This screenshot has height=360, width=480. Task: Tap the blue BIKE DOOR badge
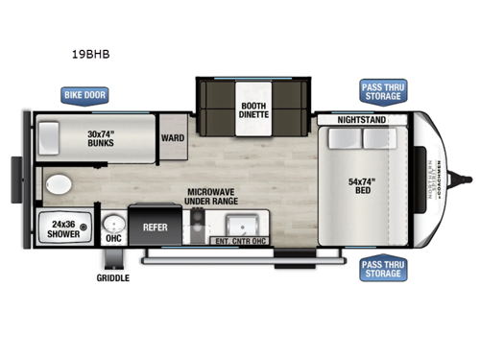tap(84, 95)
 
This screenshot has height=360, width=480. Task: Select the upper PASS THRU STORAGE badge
tap(381, 91)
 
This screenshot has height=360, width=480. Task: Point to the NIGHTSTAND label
tap(360, 120)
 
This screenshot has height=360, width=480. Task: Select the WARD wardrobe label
tap(173, 138)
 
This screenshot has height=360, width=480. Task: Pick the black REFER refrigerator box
tap(156, 228)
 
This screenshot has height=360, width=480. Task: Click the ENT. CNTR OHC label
tap(240, 241)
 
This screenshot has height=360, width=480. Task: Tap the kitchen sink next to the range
tap(242, 222)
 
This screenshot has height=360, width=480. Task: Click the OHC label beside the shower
tap(113, 238)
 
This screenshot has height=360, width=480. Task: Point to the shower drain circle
tap(84, 228)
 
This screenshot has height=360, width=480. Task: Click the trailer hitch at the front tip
tap(469, 177)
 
